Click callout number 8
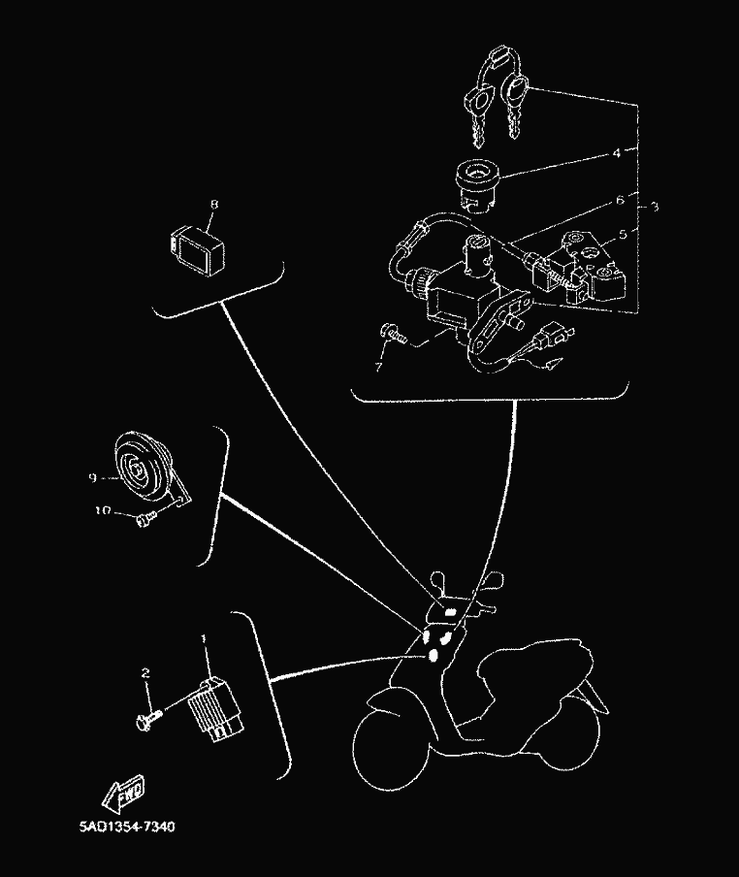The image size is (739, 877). pyautogui.click(x=213, y=205)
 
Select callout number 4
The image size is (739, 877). pyautogui.click(x=615, y=152)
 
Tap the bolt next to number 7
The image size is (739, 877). pyautogui.click(x=393, y=333)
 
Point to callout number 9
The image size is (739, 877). pyautogui.click(x=92, y=476)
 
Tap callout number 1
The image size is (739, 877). pyautogui.click(x=204, y=638)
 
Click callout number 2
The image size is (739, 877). pyautogui.click(x=146, y=673)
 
